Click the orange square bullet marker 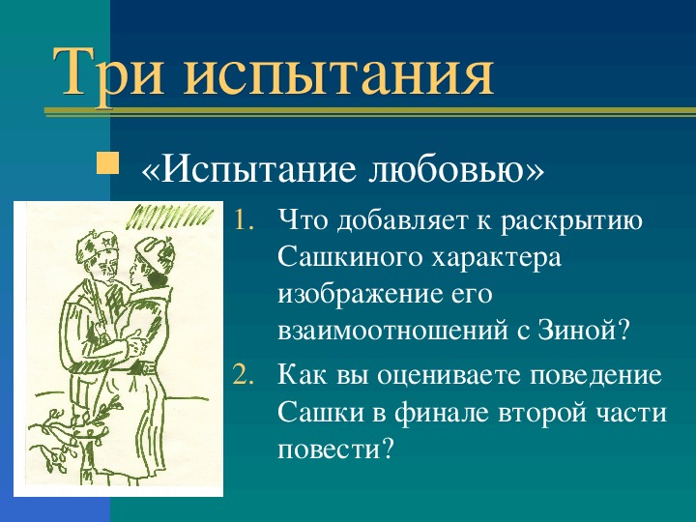(108, 159)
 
